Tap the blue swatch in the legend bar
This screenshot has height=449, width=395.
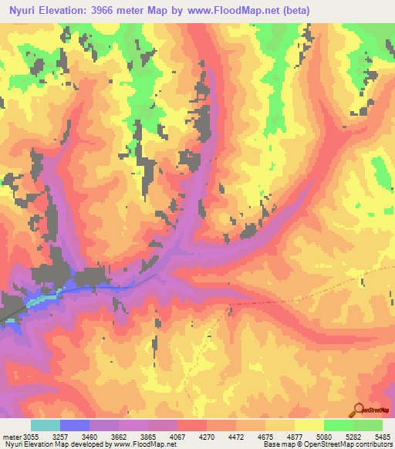[x=75, y=425]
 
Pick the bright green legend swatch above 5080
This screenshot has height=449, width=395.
[x=339, y=425]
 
